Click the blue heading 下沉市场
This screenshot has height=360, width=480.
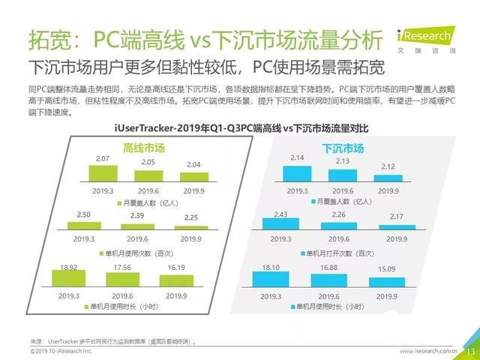343,148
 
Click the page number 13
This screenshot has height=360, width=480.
471,351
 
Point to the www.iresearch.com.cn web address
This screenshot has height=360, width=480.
428,351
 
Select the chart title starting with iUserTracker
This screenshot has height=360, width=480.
241,129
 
